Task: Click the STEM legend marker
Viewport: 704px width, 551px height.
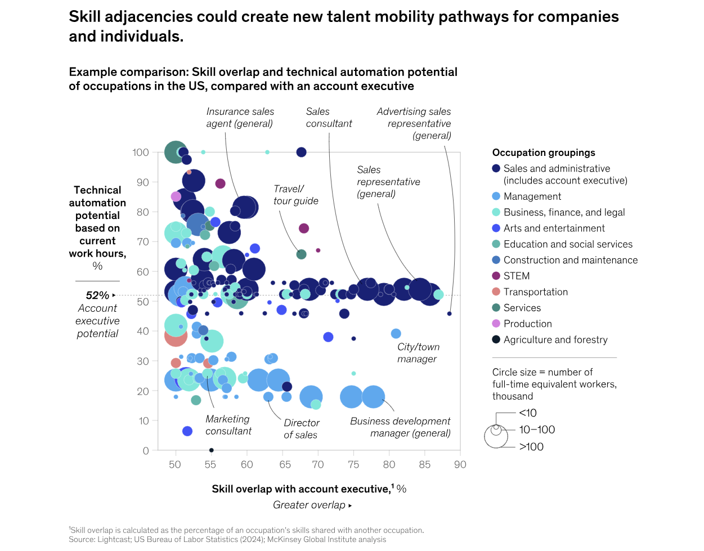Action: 496,276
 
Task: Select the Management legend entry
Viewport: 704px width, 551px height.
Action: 532,196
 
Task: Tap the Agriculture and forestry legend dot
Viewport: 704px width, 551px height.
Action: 496,339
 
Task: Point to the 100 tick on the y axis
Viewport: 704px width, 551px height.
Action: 141,153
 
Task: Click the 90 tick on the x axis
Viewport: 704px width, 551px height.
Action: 460,464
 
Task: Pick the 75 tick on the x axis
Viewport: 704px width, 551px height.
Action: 353,464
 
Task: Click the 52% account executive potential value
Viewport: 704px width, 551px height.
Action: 97,295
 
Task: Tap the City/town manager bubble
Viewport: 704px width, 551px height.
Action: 396,334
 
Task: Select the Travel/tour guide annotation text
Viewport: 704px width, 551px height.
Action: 296,195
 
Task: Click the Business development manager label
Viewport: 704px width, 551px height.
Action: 400,427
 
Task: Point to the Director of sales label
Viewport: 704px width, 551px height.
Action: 301,429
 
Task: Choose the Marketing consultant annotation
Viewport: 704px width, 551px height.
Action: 228,425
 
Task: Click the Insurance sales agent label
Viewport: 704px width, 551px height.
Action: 240,118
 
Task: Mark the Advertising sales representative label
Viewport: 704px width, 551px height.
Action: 414,123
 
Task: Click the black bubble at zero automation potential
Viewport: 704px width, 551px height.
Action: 211,450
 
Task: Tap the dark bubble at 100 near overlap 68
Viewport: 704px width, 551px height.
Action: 301,152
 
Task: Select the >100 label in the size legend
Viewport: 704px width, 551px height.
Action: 531,447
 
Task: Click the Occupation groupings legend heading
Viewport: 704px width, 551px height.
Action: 544,153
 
